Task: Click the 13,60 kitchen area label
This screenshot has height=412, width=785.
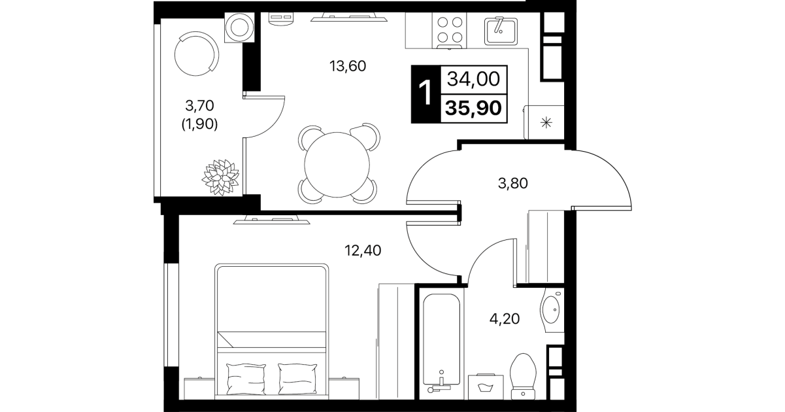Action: [x=348, y=66]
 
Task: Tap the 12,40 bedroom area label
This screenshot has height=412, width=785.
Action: [x=363, y=250]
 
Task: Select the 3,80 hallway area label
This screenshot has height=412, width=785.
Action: [x=512, y=183]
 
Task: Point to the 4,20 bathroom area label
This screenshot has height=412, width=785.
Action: [x=505, y=318]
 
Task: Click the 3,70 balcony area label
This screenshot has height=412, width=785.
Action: [x=199, y=105]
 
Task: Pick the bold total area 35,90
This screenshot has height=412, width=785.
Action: [x=473, y=108]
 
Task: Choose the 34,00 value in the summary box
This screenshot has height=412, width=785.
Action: [x=473, y=79]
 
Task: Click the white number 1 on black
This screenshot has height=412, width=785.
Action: [x=426, y=93]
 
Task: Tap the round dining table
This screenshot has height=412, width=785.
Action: [x=337, y=165]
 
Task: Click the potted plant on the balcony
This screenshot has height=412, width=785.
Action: [x=221, y=177]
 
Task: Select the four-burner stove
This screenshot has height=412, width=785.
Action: [x=450, y=31]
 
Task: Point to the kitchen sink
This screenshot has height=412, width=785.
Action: [x=501, y=31]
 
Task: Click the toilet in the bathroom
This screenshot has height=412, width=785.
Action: [x=523, y=376]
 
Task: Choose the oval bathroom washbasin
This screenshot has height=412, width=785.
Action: [x=551, y=309]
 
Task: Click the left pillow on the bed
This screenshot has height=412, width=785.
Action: [x=246, y=379]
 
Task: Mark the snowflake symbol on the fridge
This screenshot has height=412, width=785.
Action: [x=546, y=123]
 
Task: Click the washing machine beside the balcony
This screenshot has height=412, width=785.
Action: [x=240, y=27]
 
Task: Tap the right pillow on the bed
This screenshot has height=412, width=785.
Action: [x=297, y=379]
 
